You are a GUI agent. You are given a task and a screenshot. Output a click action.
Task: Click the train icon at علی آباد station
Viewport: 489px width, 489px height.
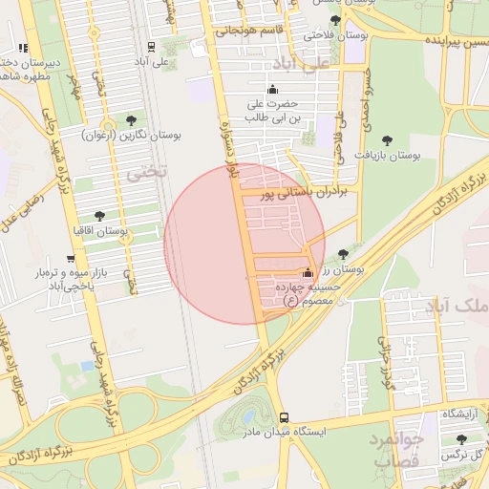pos(151,47)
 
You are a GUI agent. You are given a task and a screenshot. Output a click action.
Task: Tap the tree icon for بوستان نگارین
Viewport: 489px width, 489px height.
pos(130,120)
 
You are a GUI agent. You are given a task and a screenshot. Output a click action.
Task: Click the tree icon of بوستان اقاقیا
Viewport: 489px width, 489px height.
pos(100,216)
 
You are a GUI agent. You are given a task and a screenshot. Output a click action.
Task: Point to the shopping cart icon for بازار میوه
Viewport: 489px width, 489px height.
pos(70,259)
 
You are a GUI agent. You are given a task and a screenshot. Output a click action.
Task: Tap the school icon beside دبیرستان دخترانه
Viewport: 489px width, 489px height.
pos(22,48)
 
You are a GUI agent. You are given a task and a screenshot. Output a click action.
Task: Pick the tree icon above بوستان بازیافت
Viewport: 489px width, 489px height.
pos(387,139)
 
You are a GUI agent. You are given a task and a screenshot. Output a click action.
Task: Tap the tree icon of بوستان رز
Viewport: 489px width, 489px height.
pos(343,254)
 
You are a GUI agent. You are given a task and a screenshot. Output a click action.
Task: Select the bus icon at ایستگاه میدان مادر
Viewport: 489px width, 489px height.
pos(284,417)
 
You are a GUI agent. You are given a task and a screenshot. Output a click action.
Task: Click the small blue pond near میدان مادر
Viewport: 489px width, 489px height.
pos(249,417)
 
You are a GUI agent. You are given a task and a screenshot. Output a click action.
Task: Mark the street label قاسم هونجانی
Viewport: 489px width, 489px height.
pos(248,30)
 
